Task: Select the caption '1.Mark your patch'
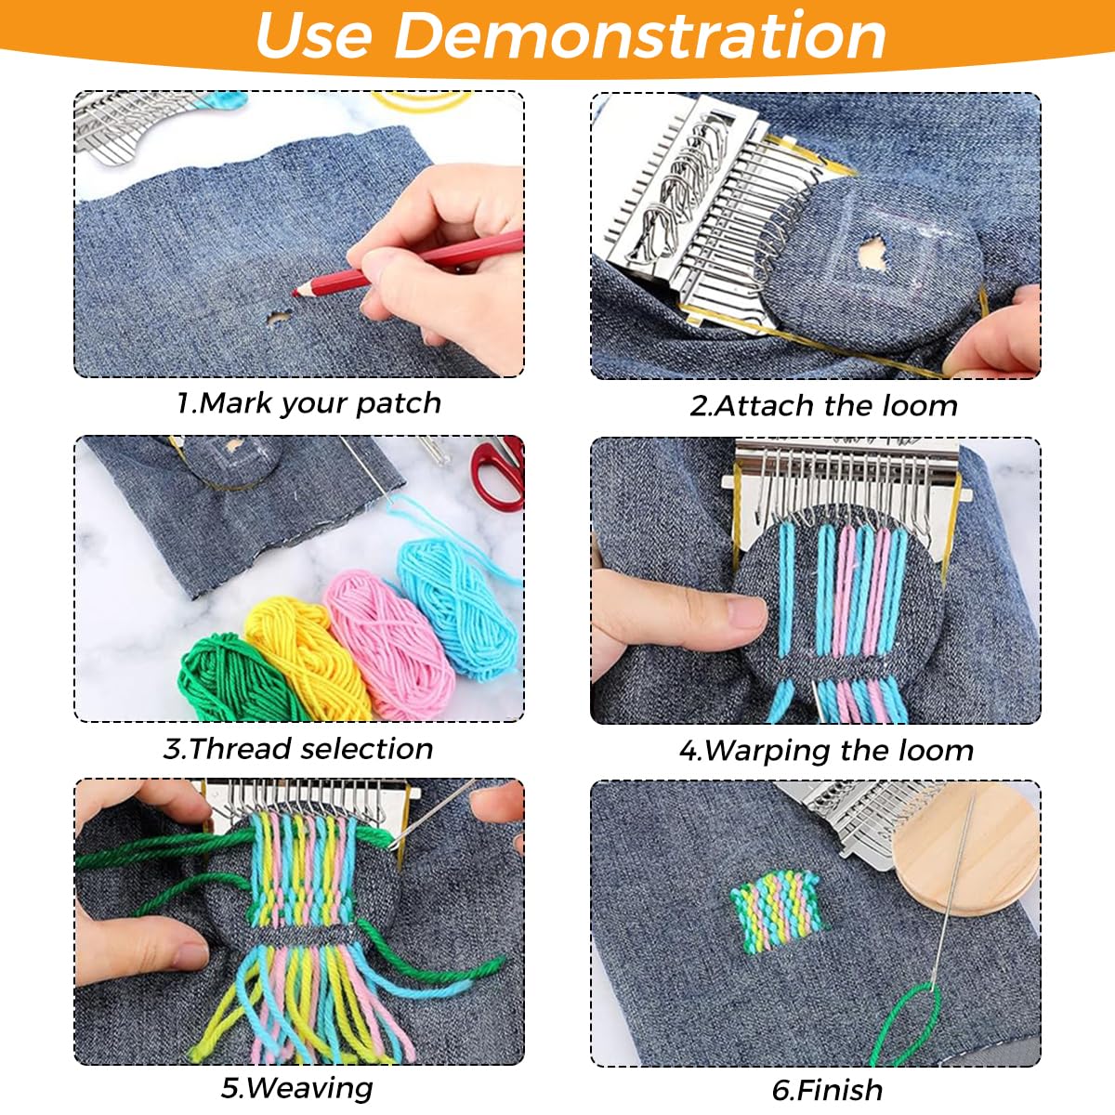point(308,403)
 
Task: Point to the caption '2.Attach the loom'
point(823,406)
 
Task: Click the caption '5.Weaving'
point(296,1088)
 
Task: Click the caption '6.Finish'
point(827,1090)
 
